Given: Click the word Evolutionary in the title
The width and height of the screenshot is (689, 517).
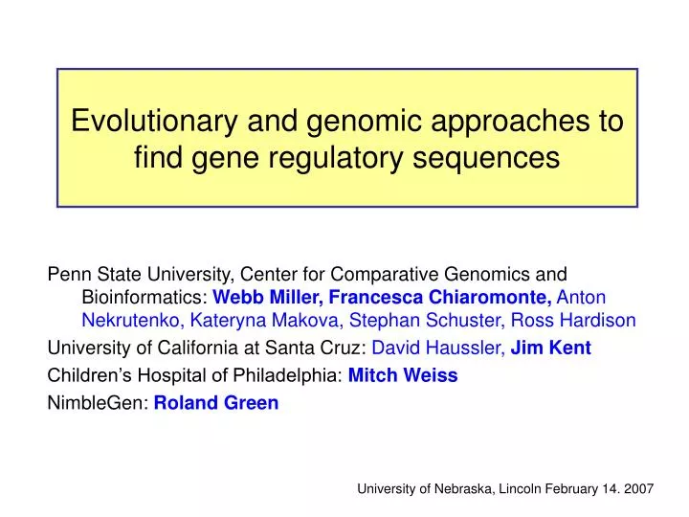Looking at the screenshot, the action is pyautogui.click(x=154, y=121).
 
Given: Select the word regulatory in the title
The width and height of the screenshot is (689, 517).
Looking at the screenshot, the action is pyautogui.click(x=336, y=159).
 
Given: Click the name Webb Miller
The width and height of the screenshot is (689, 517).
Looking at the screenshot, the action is pyautogui.click(x=265, y=297).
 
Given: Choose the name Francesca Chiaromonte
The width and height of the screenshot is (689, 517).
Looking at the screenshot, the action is pyautogui.click(x=440, y=297).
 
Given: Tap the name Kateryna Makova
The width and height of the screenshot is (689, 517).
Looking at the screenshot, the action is pyautogui.click(x=264, y=320).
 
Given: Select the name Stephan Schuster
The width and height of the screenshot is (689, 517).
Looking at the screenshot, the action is pyautogui.click(x=425, y=320).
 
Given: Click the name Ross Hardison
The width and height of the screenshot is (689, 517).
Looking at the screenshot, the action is pyautogui.click(x=573, y=320).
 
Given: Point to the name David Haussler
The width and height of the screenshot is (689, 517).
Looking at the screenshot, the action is pyautogui.click(x=436, y=348).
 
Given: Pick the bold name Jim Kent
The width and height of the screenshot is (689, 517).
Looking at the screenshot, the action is pyautogui.click(x=550, y=348).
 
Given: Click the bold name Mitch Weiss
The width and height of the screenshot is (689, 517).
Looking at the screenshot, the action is pyautogui.click(x=403, y=375).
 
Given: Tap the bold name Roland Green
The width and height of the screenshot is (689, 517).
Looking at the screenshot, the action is pyautogui.click(x=216, y=403).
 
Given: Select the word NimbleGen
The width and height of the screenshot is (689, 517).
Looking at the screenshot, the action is pyautogui.click(x=97, y=403).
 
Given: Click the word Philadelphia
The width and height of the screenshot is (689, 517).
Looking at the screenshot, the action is pyautogui.click(x=285, y=376).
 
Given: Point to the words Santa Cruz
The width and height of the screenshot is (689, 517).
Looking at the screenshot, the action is pyautogui.click(x=313, y=348).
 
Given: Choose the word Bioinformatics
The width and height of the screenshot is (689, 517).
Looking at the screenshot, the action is pyautogui.click(x=143, y=297).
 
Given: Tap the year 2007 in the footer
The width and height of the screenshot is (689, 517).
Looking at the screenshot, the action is pyautogui.click(x=639, y=489).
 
